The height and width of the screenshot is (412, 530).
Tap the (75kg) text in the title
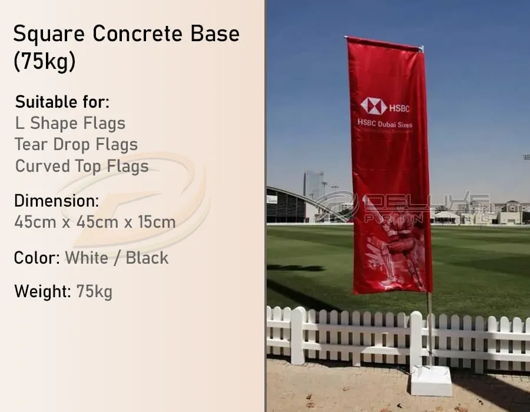click(x=45, y=62)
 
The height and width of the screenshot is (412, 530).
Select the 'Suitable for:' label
click(x=62, y=102)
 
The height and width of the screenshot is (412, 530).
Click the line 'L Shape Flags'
click(x=70, y=124)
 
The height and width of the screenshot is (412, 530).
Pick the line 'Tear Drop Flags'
click(x=77, y=145)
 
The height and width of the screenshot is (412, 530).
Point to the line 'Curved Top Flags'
click(x=82, y=166)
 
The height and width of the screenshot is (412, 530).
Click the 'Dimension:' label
click(x=57, y=201)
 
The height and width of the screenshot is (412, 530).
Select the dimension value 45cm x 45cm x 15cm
click(x=95, y=222)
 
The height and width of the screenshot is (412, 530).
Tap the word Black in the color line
click(x=147, y=258)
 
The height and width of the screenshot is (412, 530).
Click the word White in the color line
click(x=87, y=258)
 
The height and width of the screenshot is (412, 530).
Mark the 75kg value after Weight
click(x=94, y=291)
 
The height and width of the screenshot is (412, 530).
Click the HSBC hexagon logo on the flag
click(x=373, y=106)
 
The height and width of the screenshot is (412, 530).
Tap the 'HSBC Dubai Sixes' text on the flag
click(x=385, y=124)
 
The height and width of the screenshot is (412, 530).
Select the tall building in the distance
click(x=313, y=185)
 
